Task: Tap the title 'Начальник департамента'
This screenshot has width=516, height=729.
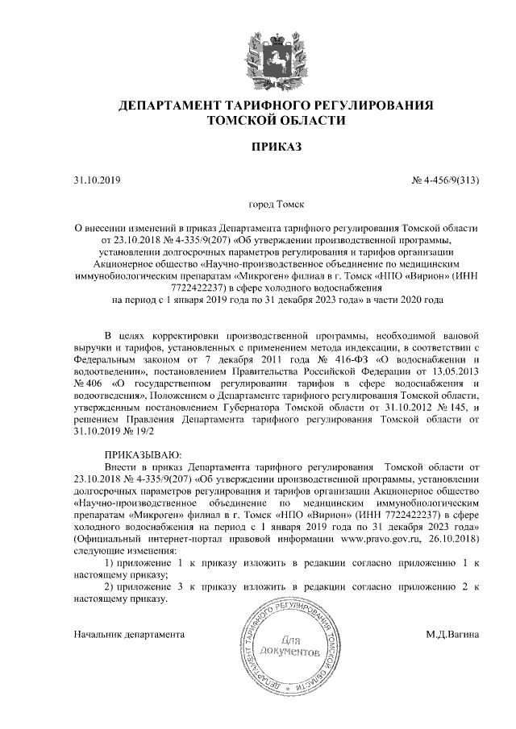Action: [129, 635]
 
